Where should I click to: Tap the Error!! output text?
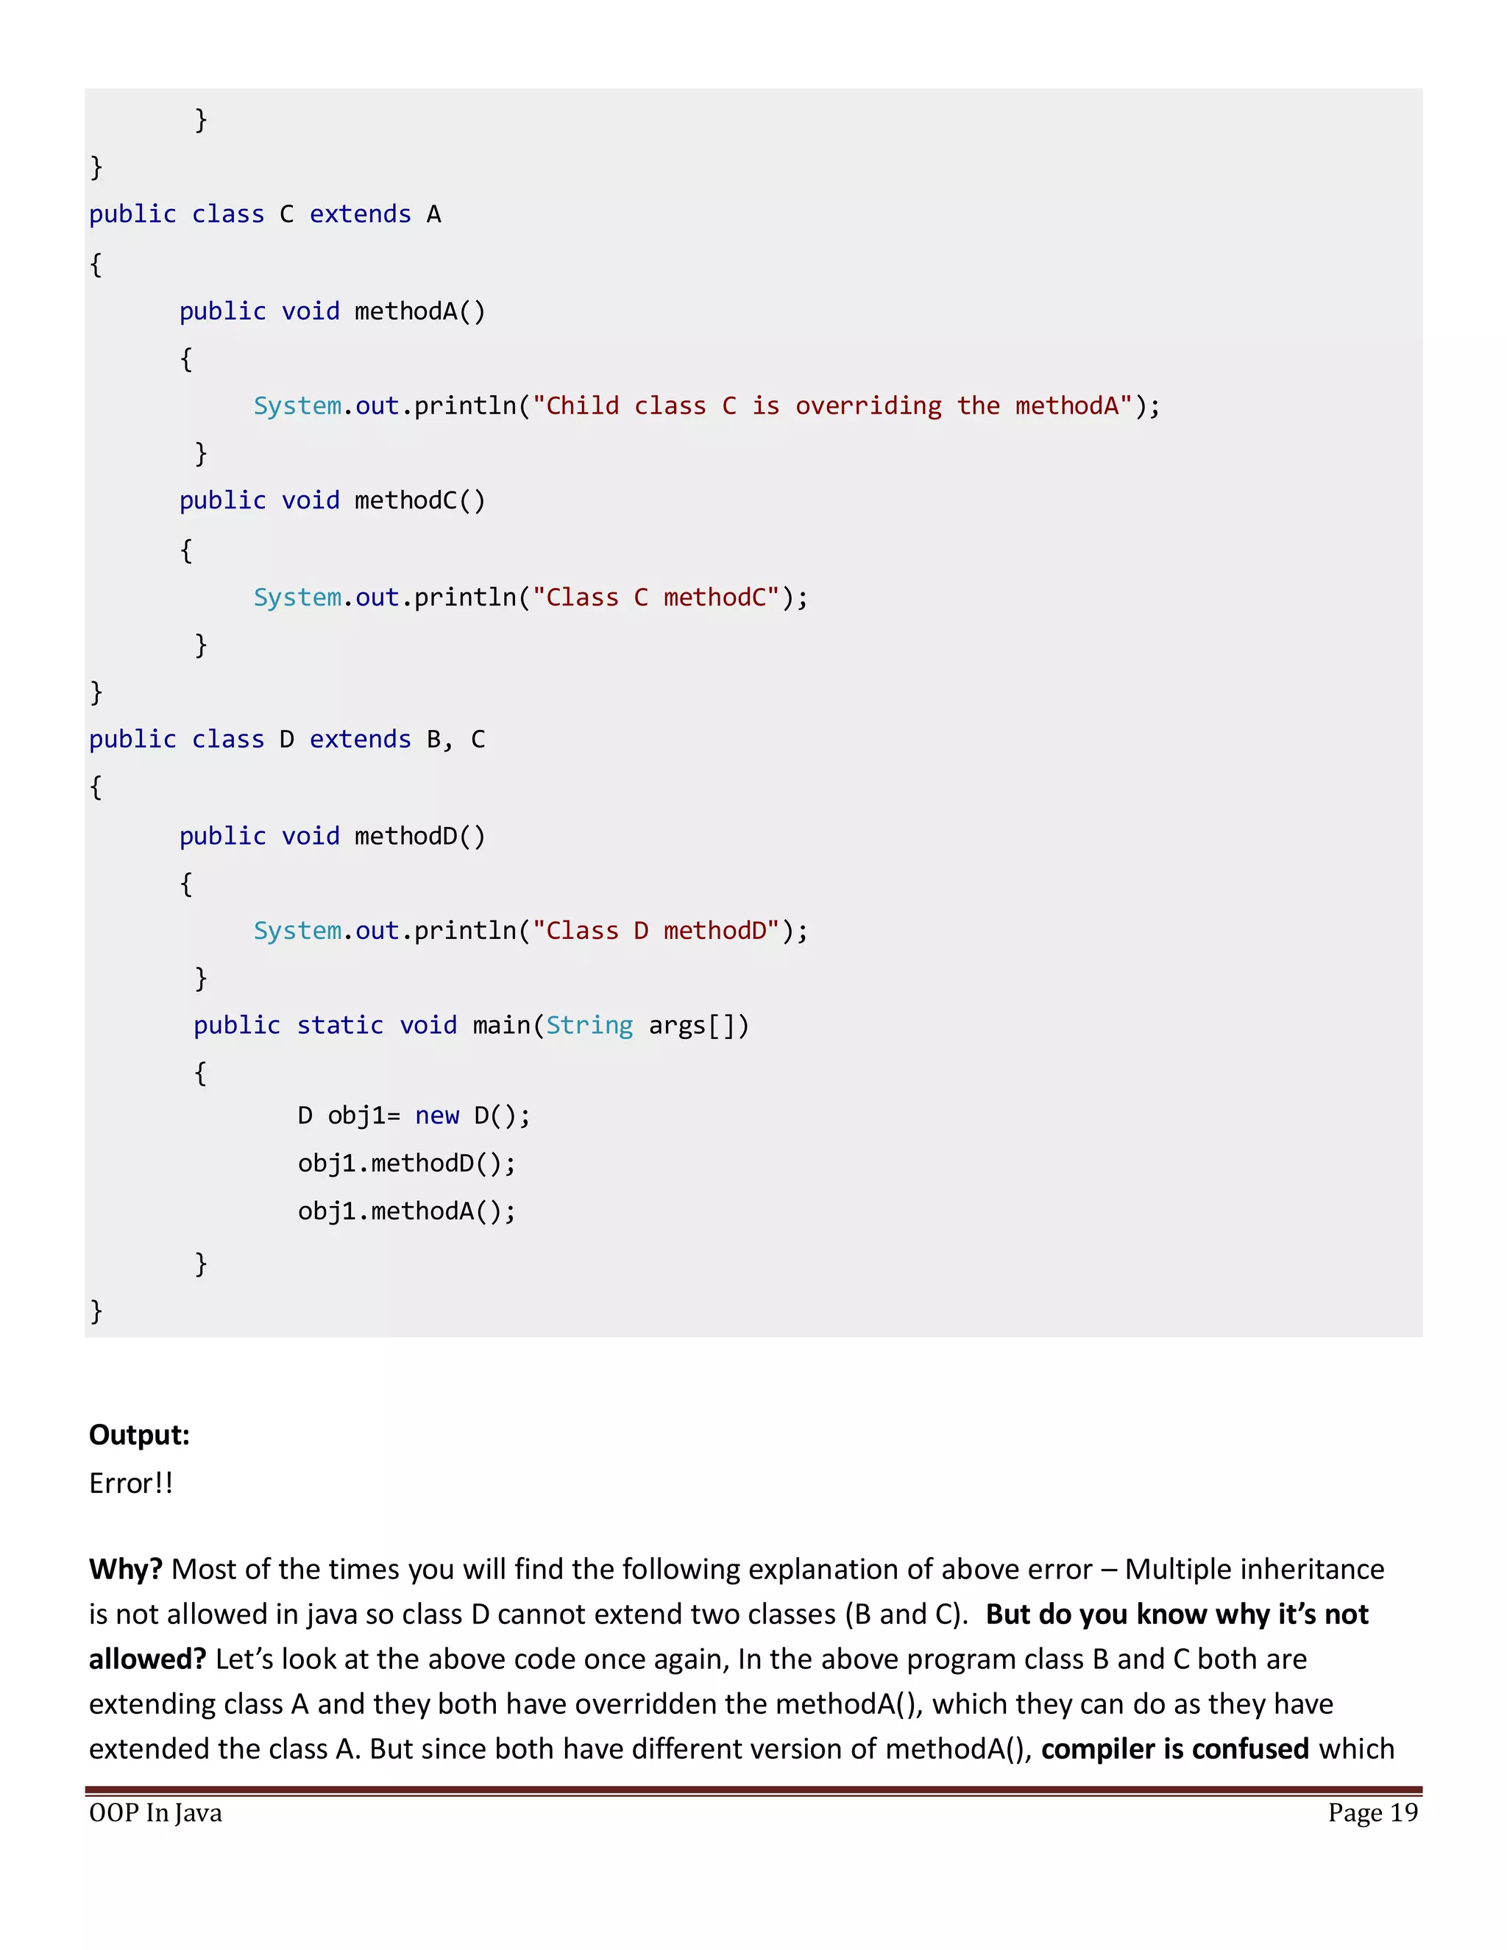tap(130, 1482)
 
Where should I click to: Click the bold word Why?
tap(125, 1569)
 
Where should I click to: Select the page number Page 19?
tap(1372, 1812)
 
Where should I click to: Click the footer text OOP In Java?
tap(155, 1812)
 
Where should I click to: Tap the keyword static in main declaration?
tap(339, 1025)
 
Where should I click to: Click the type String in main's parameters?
tap(589, 1025)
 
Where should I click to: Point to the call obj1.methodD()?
tap(406, 1163)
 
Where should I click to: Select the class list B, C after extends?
tap(455, 740)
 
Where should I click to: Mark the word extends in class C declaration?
tap(360, 214)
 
